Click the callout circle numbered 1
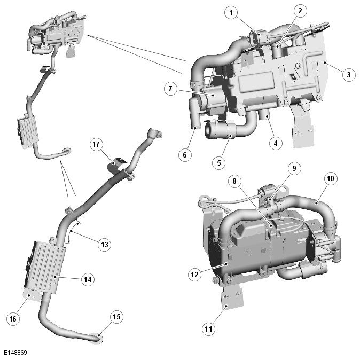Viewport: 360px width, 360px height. tap(231, 12)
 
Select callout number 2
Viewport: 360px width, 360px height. tap(300, 11)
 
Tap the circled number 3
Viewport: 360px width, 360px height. tap(349, 74)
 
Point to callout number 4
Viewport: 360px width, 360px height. tap(276, 143)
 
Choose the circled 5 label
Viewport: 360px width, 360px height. tap(218, 163)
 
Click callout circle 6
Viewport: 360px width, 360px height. tap(185, 155)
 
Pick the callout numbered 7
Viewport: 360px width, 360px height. tap(170, 89)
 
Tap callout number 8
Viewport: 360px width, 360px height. tap(234, 181)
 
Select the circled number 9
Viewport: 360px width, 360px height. tap(294, 168)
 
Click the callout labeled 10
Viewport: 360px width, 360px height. tap(331, 178)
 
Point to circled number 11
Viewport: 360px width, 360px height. tap(208, 329)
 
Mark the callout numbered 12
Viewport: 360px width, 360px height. tap(195, 275)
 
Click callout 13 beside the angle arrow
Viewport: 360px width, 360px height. tap(105, 245)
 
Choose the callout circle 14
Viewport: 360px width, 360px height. tap(88, 279)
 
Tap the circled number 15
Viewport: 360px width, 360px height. tap(116, 317)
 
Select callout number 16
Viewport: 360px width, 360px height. tap(13, 319)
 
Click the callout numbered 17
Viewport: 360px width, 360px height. tap(96, 144)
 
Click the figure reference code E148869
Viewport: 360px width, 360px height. tap(15, 353)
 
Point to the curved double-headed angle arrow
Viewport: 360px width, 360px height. tap(70, 232)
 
